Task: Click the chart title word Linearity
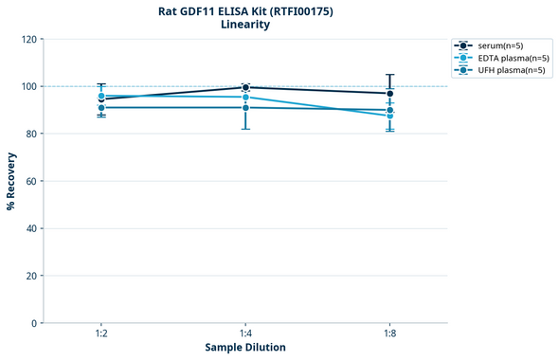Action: (x=244, y=25)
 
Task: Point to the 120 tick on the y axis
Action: (x=28, y=39)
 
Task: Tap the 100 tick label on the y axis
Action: (x=28, y=86)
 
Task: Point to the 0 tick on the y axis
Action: (x=34, y=323)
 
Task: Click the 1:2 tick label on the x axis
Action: (x=100, y=334)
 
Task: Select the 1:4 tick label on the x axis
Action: (x=245, y=334)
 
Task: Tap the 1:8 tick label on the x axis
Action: (x=390, y=334)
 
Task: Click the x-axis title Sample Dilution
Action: (x=245, y=348)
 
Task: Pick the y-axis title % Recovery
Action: (x=11, y=181)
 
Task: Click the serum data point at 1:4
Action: (x=245, y=87)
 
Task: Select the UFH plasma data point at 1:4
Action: (x=245, y=107)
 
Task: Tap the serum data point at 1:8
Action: (x=390, y=93)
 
